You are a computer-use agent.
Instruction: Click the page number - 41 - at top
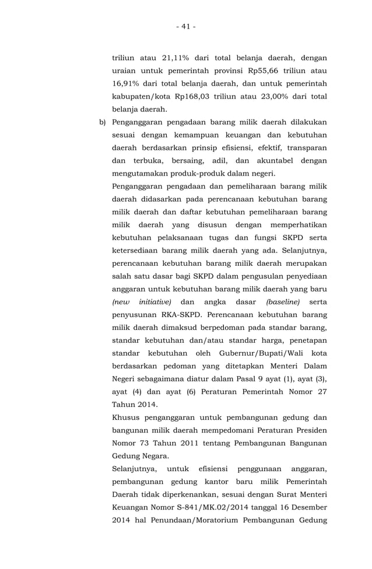[186, 26]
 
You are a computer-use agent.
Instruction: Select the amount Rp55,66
[261, 71]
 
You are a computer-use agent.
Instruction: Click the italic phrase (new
[121, 302]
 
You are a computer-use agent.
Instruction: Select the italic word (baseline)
[283, 302]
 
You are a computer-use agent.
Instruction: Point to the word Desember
[306, 507]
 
